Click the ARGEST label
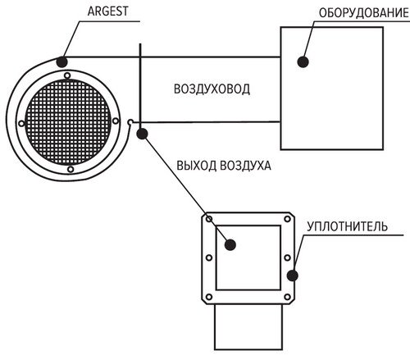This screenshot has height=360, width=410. click(107, 11)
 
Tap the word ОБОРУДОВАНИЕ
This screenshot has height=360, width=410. click(364, 13)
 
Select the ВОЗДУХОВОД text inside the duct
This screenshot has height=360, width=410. click(212, 89)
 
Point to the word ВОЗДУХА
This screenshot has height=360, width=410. click(245, 166)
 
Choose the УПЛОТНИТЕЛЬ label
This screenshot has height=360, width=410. click(347, 226)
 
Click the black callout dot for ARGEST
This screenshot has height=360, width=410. click(61, 62)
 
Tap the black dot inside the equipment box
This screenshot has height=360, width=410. click(303, 62)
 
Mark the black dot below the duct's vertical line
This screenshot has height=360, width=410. click(142, 134)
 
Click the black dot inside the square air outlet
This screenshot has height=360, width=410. click(230, 244)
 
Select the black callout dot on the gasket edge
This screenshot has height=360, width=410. click(293, 276)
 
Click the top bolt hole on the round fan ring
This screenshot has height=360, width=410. click(67, 75)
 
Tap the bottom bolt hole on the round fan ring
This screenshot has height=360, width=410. click(71, 170)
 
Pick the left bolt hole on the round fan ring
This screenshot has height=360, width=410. click(21, 123)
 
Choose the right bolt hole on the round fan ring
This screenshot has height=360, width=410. click(116, 121)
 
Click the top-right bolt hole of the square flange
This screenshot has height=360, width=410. click(287, 219)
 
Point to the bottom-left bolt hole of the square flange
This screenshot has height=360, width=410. click(209, 297)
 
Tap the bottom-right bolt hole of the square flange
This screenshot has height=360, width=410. click(287, 297)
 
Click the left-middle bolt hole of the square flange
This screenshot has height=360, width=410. click(209, 257)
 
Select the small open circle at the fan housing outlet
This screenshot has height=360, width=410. click(130, 121)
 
